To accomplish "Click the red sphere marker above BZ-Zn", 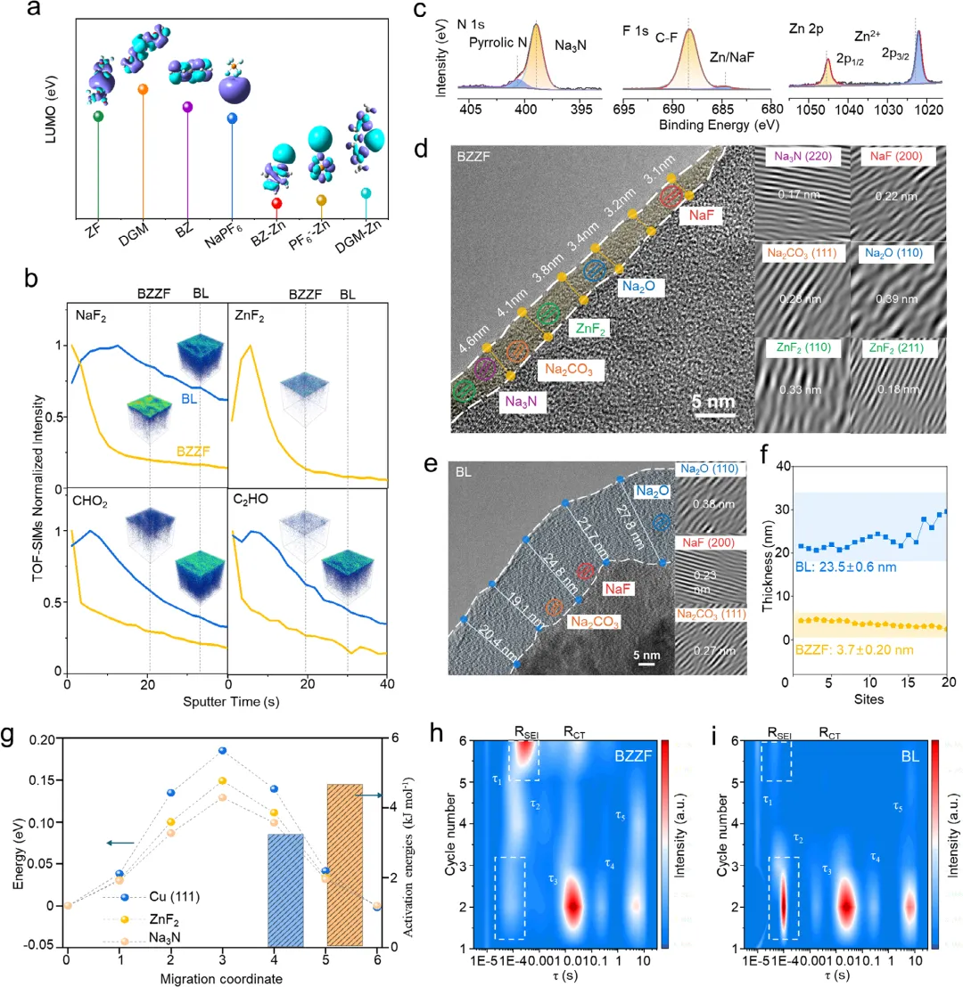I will click(x=276, y=203).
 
